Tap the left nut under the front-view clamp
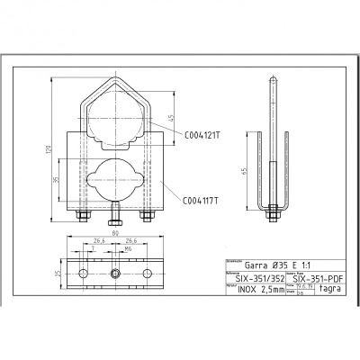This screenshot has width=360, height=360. click(x=83, y=216)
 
